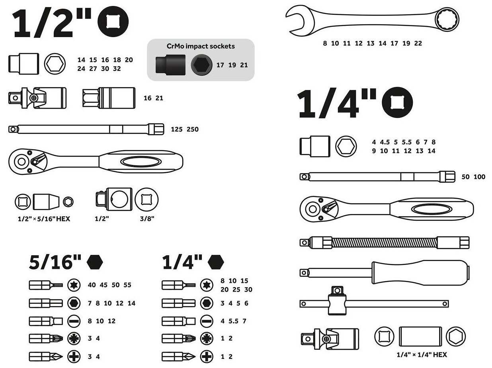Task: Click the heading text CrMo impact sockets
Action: (x=201, y=46)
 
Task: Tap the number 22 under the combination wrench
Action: (x=418, y=43)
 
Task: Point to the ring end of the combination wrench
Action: (x=447, y=20)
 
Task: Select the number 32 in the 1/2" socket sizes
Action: (x=117, y=69)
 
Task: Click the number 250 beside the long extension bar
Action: (x=193, y=129)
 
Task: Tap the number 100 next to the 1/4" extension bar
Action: (x=479, y=177)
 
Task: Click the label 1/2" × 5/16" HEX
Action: (x=44, y=219)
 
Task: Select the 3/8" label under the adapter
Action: (x=147, y=219)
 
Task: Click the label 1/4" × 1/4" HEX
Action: (x=422, y=355)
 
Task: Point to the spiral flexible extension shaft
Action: (x=385, y=243)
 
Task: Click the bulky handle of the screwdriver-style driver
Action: (x=421, y=273)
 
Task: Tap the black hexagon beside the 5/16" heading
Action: (x=95, y=262)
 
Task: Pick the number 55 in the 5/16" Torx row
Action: (x=127, y=285)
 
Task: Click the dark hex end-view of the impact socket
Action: (x=202, y=65)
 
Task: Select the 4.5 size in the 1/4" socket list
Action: (x=385, y=142)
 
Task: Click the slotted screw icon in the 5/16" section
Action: (x=74, y=321)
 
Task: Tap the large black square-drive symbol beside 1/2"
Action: (x=113, y=22)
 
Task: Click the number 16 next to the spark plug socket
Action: (x=148, y=98)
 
